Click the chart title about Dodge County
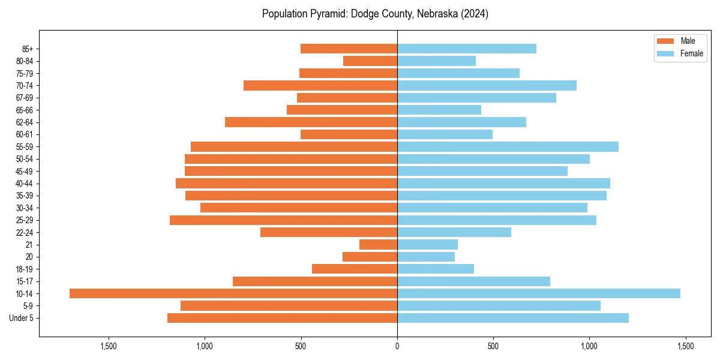[375, 14]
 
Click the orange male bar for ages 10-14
[233, 293]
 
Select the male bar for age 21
[378, 244]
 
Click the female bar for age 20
[426, 257]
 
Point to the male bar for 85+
[349, 49]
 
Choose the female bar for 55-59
[508, 146]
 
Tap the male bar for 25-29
[283, 220]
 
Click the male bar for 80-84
[370, 61]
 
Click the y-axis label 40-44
[23, 184]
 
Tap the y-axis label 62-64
[23, 122]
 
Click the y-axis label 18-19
[23, 269]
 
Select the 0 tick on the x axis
[397, 346]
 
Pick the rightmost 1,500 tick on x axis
[685, 346]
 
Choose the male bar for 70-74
[320, 85]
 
